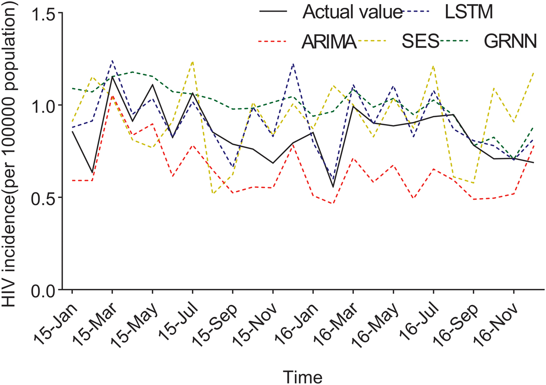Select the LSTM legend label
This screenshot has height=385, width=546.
pyautogui.click(x=469, y=12)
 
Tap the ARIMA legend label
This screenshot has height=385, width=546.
pyautogui.click(x=329, y=41)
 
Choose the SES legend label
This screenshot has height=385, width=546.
pyautogui.click(x=420, y=41)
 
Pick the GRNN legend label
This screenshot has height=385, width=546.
pyautogui.click(x=510, y=41)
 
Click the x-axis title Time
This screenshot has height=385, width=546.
pyautogui.click(x=303, y=377)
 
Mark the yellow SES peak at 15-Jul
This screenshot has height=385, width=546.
pyautogui.click(x=192, y=62)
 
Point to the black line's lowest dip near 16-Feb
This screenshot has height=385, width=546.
pyautogui.click(x=333, y=187)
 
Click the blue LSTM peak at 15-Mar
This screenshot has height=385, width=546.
pyautogui.click(x=112, y=61)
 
